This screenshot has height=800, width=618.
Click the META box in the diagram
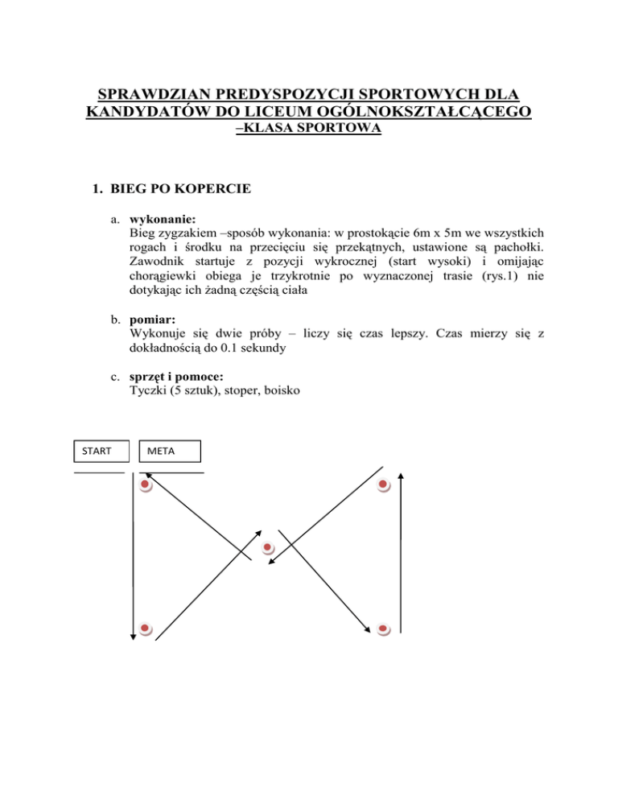click(169, 452)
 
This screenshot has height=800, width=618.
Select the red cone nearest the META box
click(145, 485)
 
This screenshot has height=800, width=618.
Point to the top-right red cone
click(384, 485)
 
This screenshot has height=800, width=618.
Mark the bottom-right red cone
click(384, 629)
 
